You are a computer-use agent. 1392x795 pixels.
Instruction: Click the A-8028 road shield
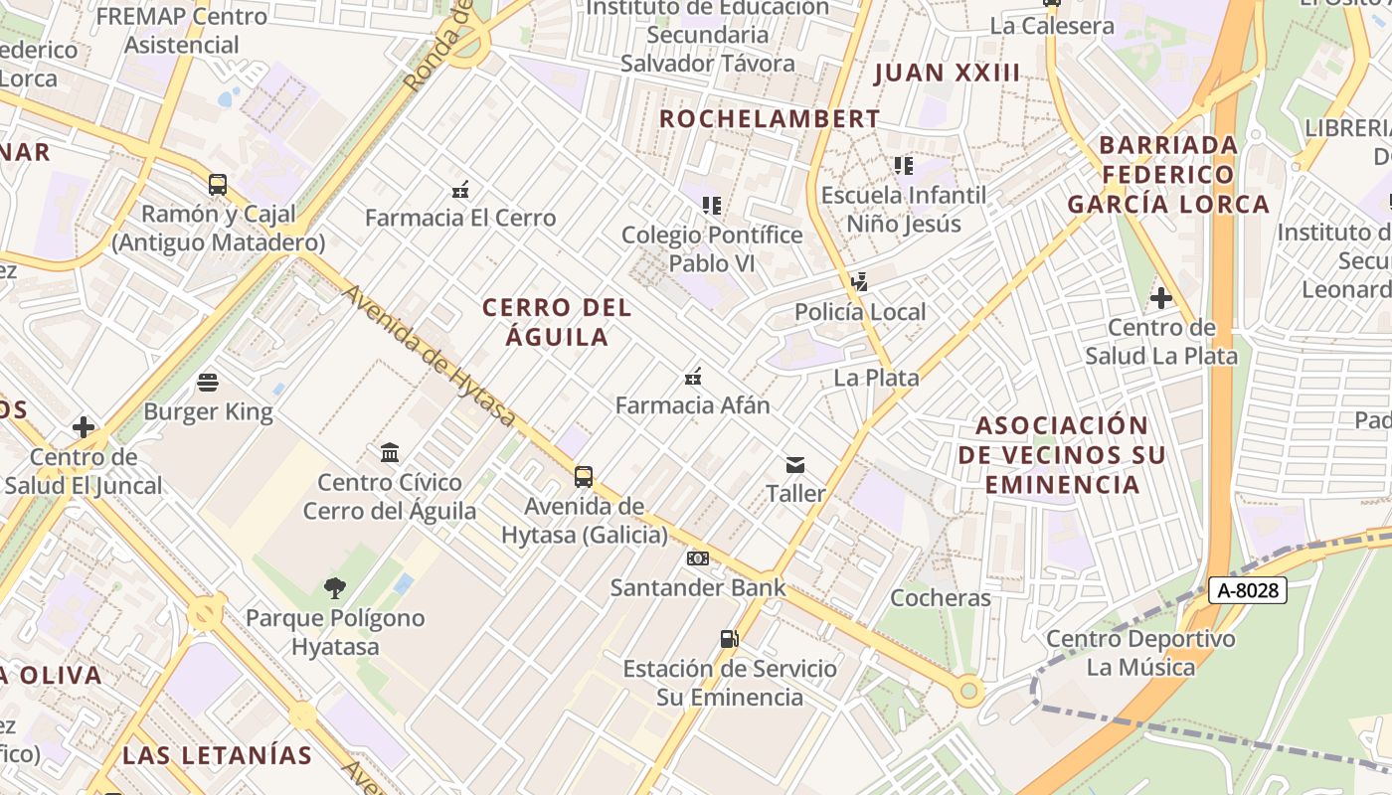click(1248, 590)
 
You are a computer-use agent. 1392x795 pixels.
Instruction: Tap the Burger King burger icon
click(208, 382)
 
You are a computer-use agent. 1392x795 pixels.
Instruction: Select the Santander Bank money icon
click(698, 558)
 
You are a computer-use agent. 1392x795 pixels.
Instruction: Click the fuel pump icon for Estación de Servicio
click(729, 639)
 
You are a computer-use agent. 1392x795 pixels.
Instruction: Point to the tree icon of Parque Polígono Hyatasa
click(335, 588)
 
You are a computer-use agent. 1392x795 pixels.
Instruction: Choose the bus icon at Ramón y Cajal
click(217, 184)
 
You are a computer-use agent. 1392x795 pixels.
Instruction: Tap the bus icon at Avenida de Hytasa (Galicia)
click(584, 477)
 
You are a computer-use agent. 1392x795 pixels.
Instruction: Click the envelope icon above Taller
click(795, 464)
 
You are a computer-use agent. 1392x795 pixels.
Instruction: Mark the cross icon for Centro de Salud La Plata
click(1160, 297)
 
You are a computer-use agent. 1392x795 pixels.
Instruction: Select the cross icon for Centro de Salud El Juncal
click(84, 427)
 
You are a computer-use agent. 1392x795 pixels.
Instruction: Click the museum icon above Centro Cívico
click(390, 453)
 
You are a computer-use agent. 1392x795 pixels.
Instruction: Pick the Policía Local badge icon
click(860, 282)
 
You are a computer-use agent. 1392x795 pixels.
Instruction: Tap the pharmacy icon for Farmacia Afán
click(693, 377)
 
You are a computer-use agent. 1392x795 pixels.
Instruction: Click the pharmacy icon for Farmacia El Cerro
click(460, 189)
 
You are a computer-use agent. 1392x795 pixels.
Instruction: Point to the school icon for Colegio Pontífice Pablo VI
click(711, 206)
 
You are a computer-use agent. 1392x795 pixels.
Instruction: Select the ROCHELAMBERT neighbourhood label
click(770, 119)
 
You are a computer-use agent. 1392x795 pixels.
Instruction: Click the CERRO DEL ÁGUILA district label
click(557, 322)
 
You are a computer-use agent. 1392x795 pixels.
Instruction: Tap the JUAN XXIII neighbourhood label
click(947, 73)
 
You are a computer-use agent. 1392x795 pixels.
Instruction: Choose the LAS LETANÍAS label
click(217, 755)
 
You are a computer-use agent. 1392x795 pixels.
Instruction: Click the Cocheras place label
click(941, 598)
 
